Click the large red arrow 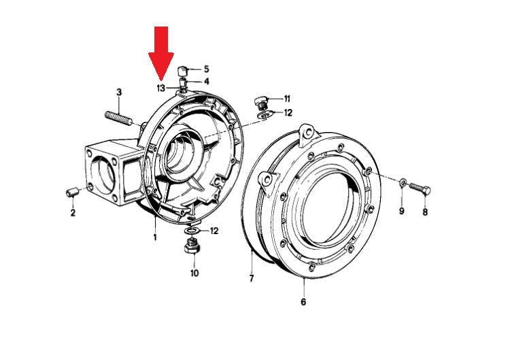tap(160, 52)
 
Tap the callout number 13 tap(160, 88)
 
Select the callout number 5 tap(207, 69)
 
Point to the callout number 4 tap(207, 82)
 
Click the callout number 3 tap(119, 92)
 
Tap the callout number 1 tap(155, 237)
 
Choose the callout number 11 tap(287, 99)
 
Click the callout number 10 tap(194, 273)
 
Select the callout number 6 tap(303, 301)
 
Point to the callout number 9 tap(401, 212)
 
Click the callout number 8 tap(426, 212)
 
